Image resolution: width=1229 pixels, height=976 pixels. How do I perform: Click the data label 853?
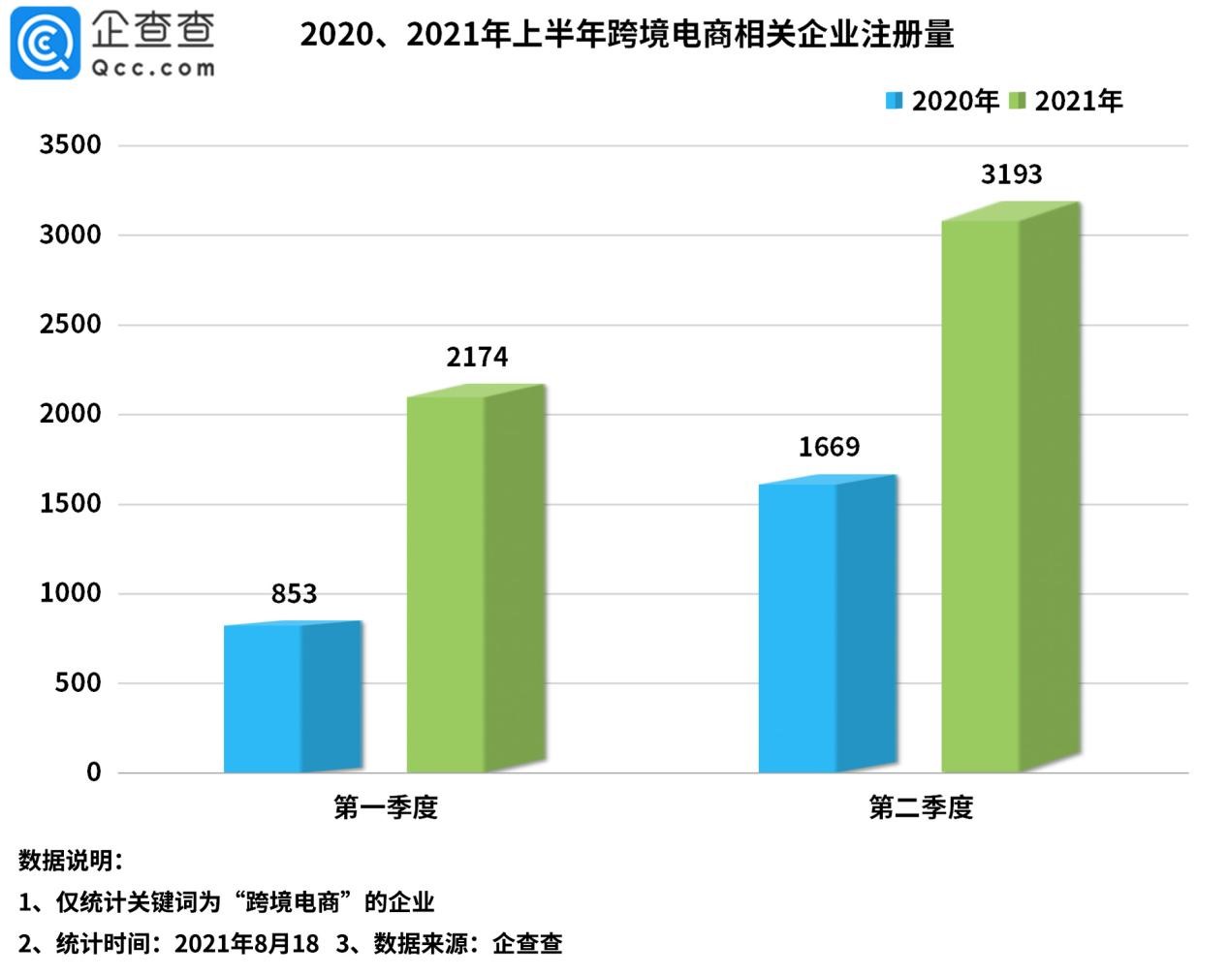(294, 593)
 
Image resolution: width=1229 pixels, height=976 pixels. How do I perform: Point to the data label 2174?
(477, 358)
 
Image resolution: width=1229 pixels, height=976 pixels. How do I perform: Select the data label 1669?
(829, 447)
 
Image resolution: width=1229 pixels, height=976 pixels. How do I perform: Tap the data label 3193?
(1011, 174)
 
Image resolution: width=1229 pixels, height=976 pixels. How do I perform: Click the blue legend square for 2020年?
(894, 101)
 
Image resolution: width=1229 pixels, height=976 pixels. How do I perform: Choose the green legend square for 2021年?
(1017, 101)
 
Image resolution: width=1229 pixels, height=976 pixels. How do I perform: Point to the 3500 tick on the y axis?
(70, 145)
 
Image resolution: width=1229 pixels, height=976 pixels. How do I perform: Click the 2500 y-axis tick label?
(70, 325)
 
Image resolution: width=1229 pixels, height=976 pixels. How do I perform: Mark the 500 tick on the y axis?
(79, 683)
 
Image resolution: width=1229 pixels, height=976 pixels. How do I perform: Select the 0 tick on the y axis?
(93, 772)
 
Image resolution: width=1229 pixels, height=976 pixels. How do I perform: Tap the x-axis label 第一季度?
(386, 807)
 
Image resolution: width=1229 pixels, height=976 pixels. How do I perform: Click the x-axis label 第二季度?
(921, 807)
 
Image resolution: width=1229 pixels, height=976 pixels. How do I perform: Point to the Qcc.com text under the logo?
(153, 68)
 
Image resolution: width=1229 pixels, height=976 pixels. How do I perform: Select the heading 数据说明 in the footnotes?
(69, 861)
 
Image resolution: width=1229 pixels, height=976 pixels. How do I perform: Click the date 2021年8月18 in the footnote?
(246, 943)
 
